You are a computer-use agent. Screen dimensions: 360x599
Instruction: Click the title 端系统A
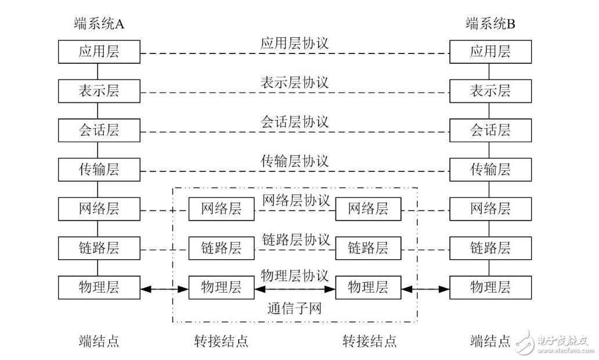tap(99, 24)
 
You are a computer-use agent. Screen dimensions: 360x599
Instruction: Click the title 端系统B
tap(490, 24)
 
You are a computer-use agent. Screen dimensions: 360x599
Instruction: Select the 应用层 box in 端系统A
tap(99, 52)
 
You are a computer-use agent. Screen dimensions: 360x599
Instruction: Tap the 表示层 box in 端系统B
tap(490, 91)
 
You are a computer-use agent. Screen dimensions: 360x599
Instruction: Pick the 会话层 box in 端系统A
tap(99, 130)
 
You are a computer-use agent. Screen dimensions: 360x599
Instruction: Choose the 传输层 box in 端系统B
tap(490, 170)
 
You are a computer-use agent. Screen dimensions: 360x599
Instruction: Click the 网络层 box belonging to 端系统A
tap(99, 209)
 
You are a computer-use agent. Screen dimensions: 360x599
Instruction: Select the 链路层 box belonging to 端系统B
tap(490, 249)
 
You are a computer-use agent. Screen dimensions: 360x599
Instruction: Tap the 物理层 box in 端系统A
tap(99, 287)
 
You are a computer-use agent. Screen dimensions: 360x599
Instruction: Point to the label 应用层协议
tap(294, 44)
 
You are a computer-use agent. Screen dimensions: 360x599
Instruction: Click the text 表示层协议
tap(294, 82)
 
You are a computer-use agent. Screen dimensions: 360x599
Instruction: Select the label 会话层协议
tap(294, 122)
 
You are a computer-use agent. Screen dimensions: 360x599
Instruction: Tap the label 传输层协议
tap(294, 161)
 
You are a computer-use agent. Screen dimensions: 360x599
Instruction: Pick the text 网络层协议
tap(295, 200)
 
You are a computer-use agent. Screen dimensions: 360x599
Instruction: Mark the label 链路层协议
tap(295, 239)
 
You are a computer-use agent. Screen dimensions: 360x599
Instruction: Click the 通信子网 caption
tap(294, 308)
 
